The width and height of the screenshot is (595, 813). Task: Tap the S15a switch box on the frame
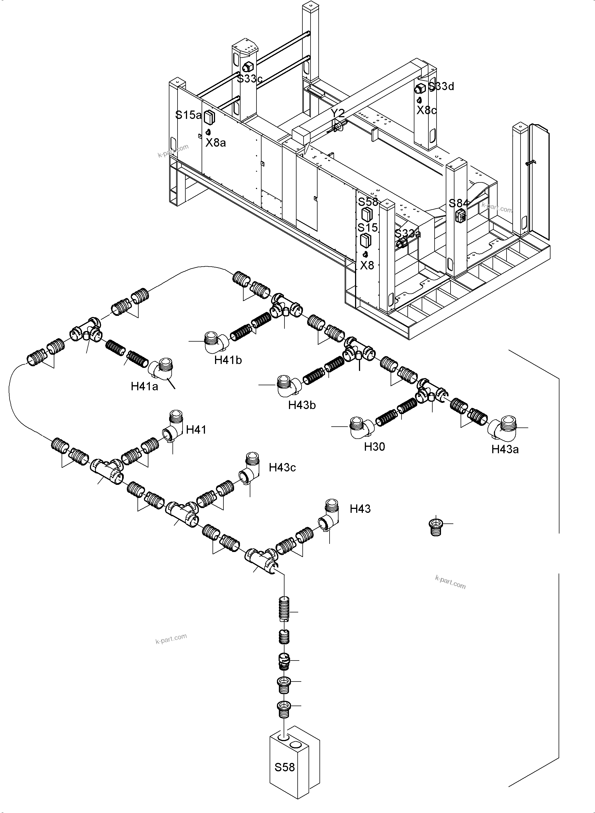(209, 117)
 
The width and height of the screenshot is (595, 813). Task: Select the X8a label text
(216, 143)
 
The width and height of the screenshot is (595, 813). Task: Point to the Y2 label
(337, 113)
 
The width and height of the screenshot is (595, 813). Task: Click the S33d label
(441, 86)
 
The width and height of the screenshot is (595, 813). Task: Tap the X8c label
(426, 110)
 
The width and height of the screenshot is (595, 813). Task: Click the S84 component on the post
(461, 216)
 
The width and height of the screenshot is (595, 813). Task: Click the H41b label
(228, 360)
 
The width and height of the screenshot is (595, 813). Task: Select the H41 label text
(196, 429)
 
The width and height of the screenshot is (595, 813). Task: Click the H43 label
(360, 509)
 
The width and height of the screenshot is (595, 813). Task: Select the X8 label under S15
(367, 265)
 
